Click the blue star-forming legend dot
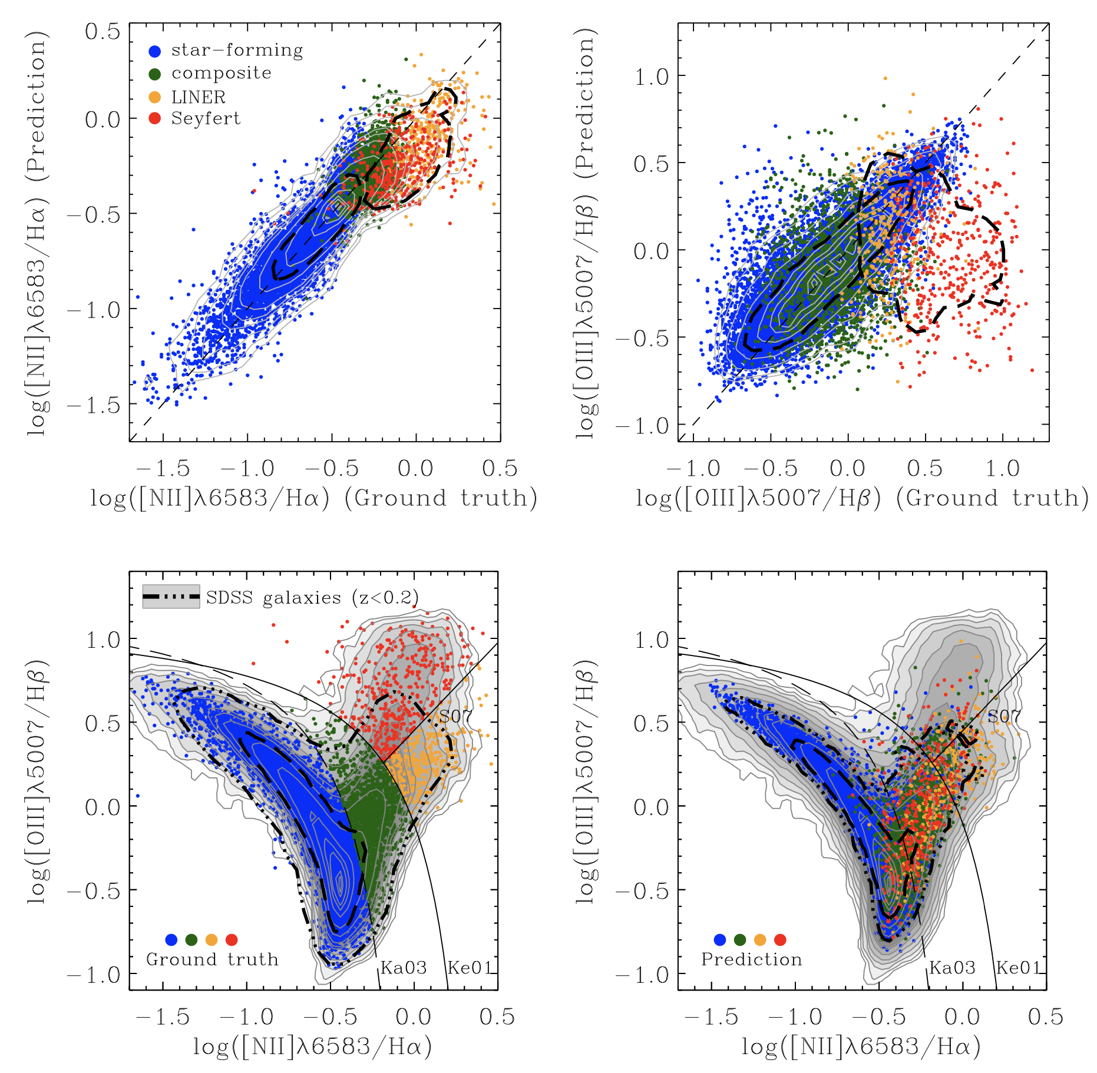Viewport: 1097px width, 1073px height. coord(155,51)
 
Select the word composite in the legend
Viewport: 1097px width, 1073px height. coord(222,73)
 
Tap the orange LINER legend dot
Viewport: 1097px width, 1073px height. coord(155,97)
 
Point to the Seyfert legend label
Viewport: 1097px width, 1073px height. coord(206,118)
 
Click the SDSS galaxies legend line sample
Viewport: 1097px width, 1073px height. coord(171,597)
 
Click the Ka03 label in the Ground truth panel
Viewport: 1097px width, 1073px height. coord(404,968)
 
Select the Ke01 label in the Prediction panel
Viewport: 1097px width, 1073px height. coord(1018,968)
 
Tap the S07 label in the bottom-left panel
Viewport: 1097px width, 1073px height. coord(455,717)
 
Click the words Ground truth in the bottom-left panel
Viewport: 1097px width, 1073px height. coord(212,959)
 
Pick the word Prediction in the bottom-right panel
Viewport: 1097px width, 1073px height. coord(752,959)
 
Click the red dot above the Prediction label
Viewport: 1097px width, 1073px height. coord(780,940)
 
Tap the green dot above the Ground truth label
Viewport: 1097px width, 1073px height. coord(191,940)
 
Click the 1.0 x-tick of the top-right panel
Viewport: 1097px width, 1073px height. coord(1002,469)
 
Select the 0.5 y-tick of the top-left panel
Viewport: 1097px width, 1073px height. coord(103,32)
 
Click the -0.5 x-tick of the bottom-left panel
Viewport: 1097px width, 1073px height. coord(331,1017)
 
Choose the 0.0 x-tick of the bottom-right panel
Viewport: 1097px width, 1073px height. coord(961,1017)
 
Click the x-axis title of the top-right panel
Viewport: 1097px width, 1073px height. coord(862,498)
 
